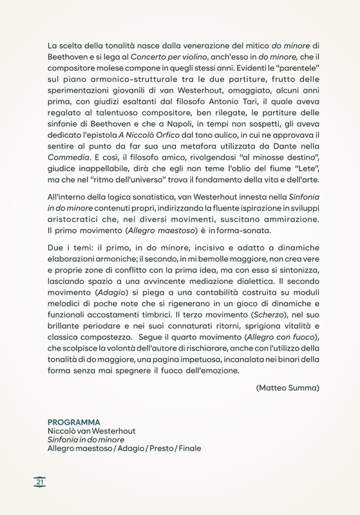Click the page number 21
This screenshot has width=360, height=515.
[40, 482]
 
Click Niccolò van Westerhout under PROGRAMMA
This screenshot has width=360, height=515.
[92, 430]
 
